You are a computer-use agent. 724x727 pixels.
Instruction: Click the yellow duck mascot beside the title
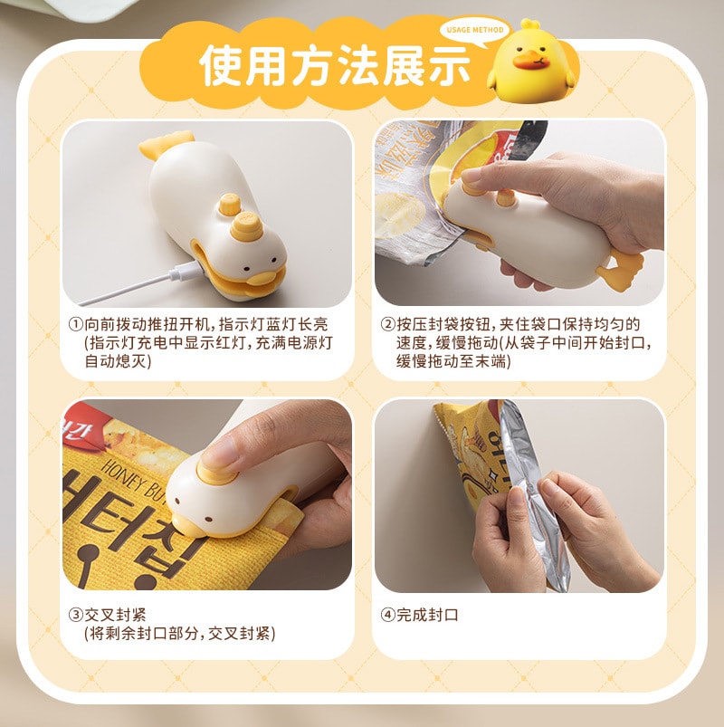coord(531,62)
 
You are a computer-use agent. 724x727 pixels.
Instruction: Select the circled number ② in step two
coord(387,324)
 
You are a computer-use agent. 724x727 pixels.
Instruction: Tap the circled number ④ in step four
coord(387,615)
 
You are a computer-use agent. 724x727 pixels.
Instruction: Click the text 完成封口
coord(428,615)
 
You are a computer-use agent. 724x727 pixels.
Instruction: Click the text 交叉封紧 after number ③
coord(114,615)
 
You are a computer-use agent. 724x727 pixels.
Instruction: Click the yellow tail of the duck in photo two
coord(623,265)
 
